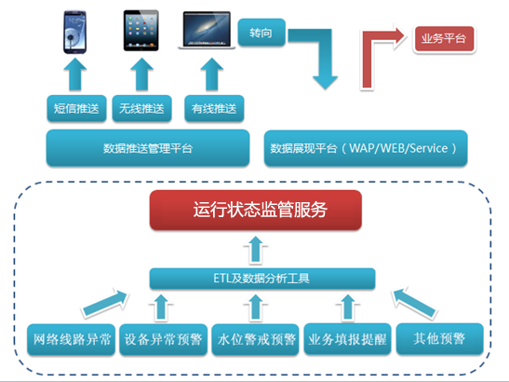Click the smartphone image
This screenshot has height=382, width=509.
point(75,32)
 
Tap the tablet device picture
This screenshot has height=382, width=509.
point(141,31)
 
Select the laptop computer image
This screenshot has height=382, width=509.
point(207,30)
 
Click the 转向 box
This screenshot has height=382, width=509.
point(261,33)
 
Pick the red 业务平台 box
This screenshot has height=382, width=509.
point(444,39)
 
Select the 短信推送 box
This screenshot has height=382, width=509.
point(76,109)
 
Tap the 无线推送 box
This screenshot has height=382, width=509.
point(141,109)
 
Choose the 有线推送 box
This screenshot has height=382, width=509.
point(214,109)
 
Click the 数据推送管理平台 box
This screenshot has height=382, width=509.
point(148,148)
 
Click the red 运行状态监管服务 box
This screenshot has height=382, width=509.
point(256,210)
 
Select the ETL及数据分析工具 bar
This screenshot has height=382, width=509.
point(262,279)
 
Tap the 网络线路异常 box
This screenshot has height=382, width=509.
point(71,339)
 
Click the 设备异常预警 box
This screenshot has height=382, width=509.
point(163,339)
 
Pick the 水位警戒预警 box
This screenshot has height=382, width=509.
point(256,339)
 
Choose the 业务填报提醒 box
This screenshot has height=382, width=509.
point(347,339)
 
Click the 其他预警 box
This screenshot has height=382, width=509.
point(439,339)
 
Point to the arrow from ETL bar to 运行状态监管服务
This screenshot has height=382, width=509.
point(256,249)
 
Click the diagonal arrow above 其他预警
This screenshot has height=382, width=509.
point(414,303)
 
